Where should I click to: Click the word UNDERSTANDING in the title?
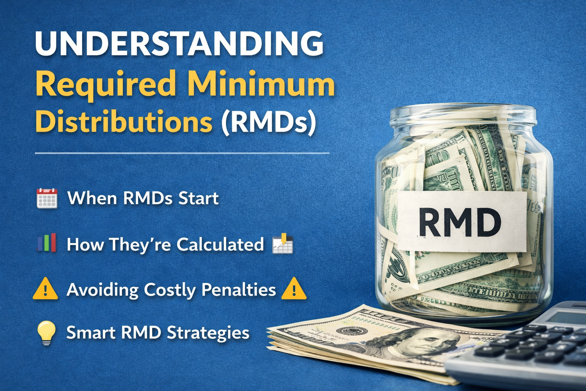pyautogui.click(x=179, y=44)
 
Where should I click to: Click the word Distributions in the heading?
pyautogui.click(x=124, y=122)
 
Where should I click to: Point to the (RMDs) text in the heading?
pyautogui.click(x=269, y=123)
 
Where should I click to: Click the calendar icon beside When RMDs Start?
pyautogui.click(x=47, y=198)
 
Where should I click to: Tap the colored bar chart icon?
pyautogui.click(x=47, y=243)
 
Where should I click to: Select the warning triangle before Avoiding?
pyautogui.click(x=45, y=289)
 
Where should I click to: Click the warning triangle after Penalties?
pyautogui.click(x=294, y=289)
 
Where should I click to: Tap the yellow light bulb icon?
pyautogui.click(x=47, y=332)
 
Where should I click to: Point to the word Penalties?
pyautogui.click(x=238, y=290)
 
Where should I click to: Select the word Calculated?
pyautogui.click(x=220, y=244)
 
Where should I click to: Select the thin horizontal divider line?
pyautogui.click(x=182, y=153)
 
